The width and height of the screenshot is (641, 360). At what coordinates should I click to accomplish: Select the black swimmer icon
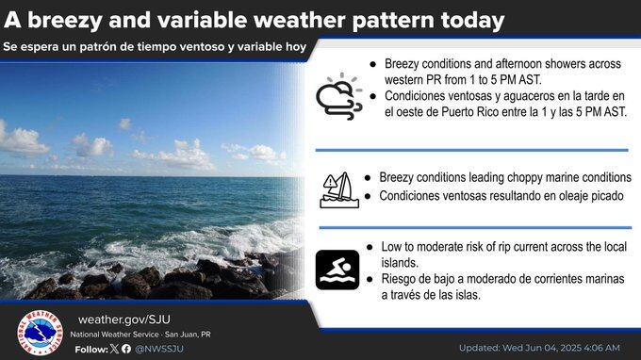click(x=337, y=270)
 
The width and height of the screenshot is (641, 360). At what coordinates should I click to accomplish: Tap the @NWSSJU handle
click(x=158, y=349)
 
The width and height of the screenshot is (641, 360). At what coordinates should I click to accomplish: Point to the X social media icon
click(x=114, y=349)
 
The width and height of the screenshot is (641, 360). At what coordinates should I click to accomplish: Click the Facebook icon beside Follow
click(x=126, y=349)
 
